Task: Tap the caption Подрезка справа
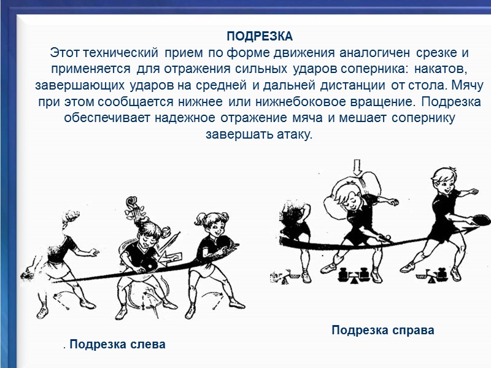(382, 331)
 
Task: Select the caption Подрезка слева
(117, 344)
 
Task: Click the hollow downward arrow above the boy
(358, 166)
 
